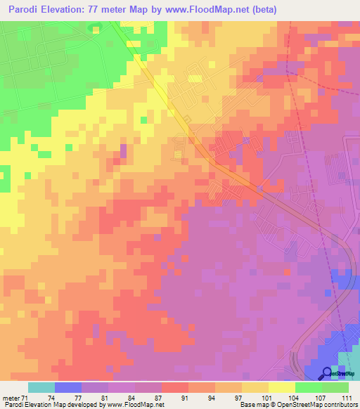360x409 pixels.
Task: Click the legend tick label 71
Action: pos(25,398)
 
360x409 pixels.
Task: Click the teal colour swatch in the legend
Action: pos(41,387)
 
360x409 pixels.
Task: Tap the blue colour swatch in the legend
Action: pos(68,387)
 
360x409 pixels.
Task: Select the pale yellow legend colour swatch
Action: pos(281,387)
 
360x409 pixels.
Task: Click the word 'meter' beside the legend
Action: pos(10,398)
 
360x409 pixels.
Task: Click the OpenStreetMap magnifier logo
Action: pos(328,373)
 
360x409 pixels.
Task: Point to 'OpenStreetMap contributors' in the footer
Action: pos(321,405)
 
